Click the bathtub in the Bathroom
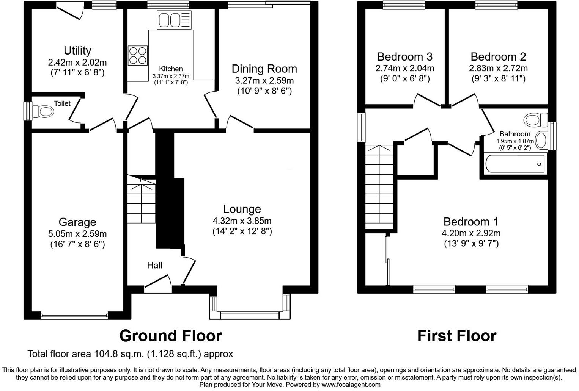(515, 164)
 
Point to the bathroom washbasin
(541, 141)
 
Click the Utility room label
(77, 50)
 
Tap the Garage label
(77, 222)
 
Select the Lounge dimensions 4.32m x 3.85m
(242, 221)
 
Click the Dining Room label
(264, 69)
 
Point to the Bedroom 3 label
(404, 57)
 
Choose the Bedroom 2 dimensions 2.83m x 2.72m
(498, 68)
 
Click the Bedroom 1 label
(471, 222)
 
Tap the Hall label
(154, 265)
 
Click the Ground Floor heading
(170, 336)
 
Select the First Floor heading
(456, 336)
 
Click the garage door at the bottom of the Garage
(74, 315)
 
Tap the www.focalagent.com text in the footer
(351, 385)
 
